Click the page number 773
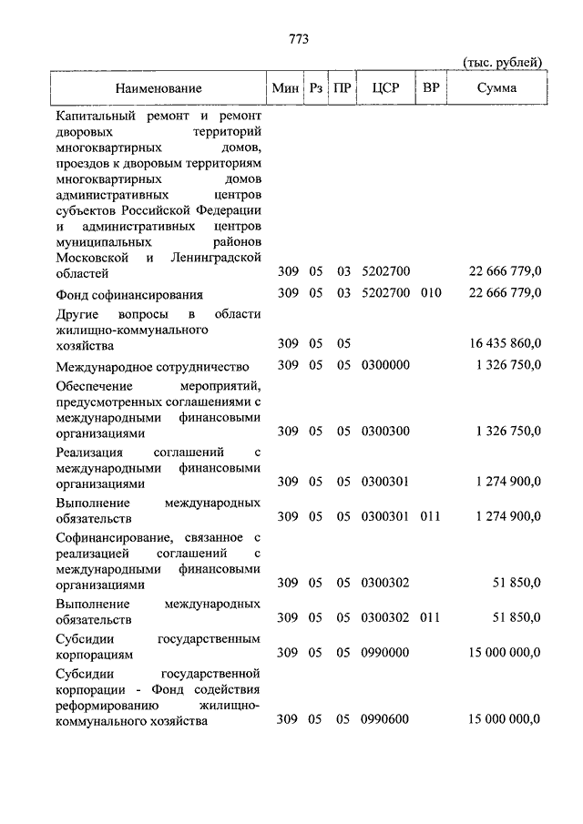pos(299,38)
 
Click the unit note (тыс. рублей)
pos(502,61)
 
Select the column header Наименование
pos(159,88)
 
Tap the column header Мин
pos(286,88)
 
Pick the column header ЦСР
pos(385,88)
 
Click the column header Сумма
pos(496,88)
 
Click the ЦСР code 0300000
pos(385,365)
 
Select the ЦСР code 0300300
pos(385,431)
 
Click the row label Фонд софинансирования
pos(128,295)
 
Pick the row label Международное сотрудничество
pos(152,367)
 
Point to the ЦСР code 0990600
pos(385,719)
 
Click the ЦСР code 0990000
pos(385,653)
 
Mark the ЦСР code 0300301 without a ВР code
pos(385,482)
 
